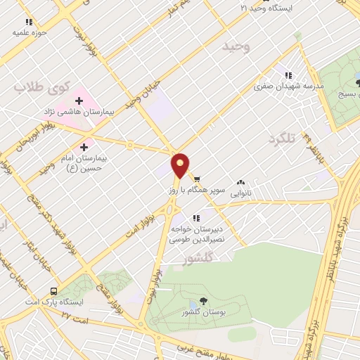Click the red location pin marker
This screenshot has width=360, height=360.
(181, 165)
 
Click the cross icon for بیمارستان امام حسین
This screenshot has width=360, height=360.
(84, 148)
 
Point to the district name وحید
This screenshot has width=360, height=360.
(236, 46)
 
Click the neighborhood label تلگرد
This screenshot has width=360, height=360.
(283, 140)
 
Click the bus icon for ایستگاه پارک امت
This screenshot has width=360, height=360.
(54, 291)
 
